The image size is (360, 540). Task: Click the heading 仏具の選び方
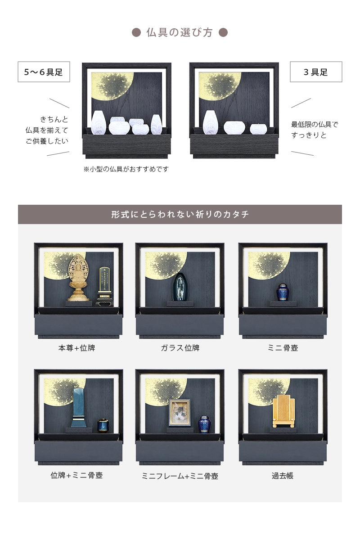(x=180, y=33)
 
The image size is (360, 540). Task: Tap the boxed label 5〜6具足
(x=44, y=72)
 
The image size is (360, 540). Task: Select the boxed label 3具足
(x=315, y=72)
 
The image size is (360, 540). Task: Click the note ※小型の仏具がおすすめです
(x=126, y=169)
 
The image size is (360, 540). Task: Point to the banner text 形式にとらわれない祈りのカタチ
(x=180, y=214)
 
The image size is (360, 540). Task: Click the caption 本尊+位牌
(x=76, y=348)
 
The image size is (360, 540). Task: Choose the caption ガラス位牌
(x=180, y=348)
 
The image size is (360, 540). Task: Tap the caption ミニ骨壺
(x=282, y=348)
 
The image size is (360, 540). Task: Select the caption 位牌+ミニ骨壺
(x=76, y=475)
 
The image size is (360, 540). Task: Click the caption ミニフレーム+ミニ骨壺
(x=180, y=476)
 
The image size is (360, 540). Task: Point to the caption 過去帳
(x=282, y=475)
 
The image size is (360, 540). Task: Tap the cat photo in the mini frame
(x=179, y=412)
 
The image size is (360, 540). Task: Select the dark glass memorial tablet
(x=180, y=287)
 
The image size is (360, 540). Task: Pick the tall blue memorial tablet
(x=79, y=407)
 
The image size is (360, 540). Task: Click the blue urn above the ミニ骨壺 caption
(x=282, y=292)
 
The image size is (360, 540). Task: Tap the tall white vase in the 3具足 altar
(x=210, y=122)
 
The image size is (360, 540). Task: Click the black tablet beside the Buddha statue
(x=104, y=286)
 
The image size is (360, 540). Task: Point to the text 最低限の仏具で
(x=314, y=124)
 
